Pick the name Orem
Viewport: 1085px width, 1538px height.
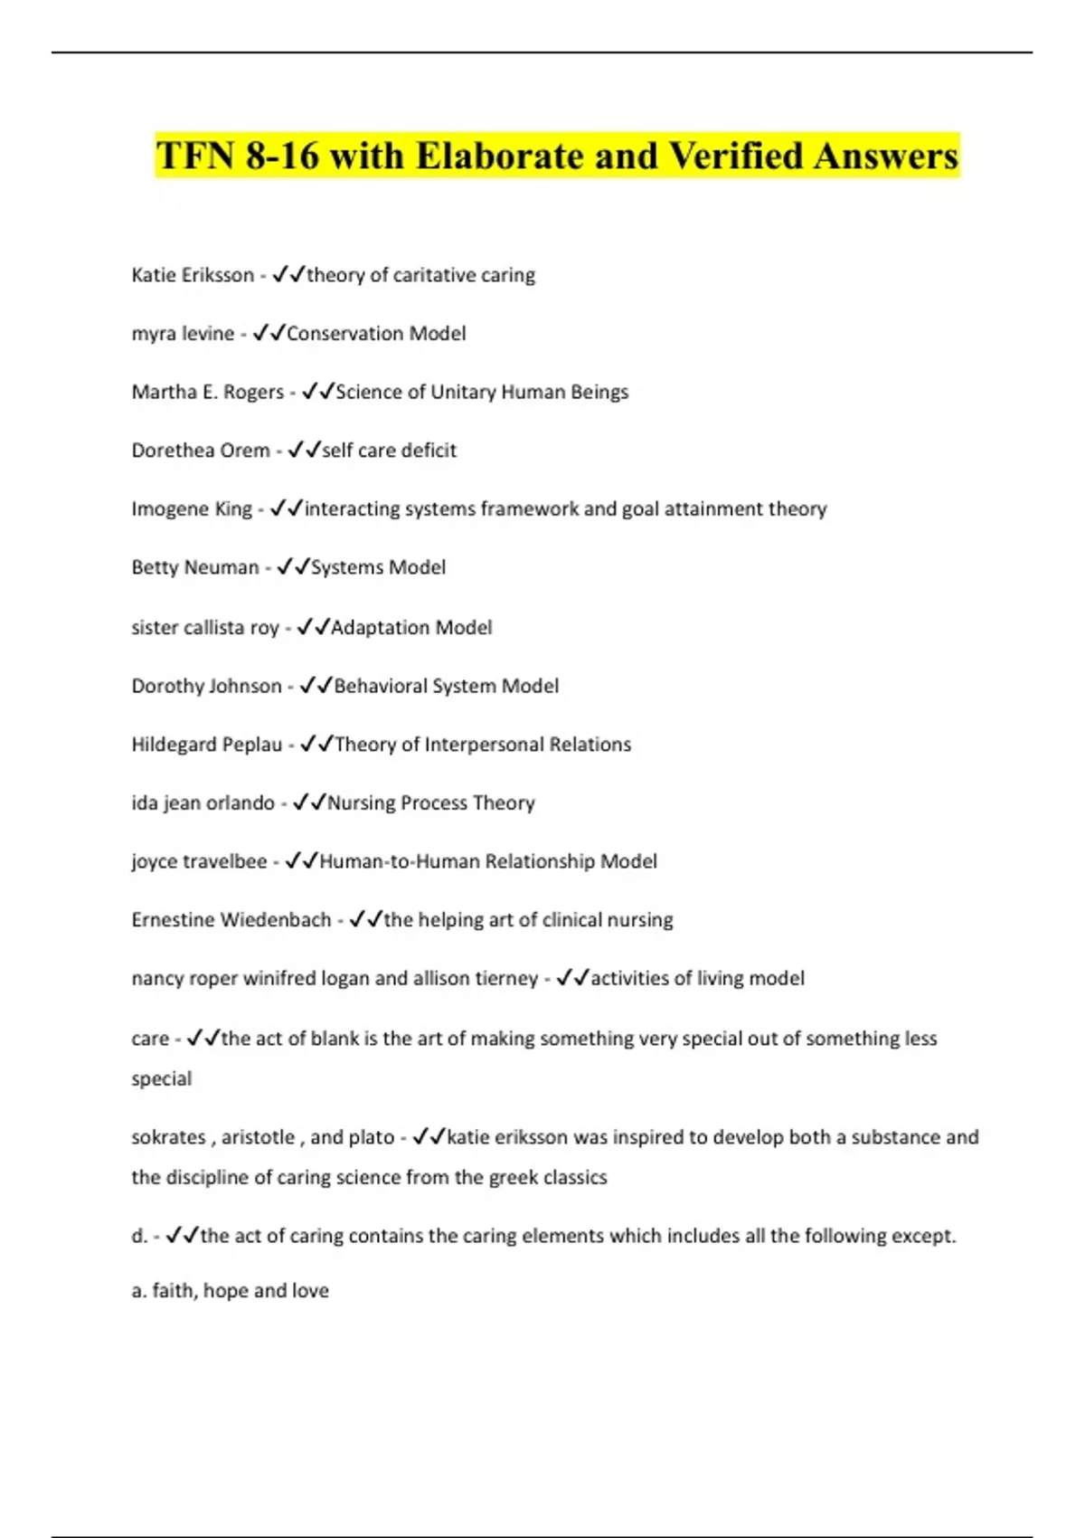pos(249,451)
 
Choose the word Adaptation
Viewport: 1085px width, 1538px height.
pos(368,628)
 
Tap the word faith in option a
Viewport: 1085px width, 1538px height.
pos(173,1291)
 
